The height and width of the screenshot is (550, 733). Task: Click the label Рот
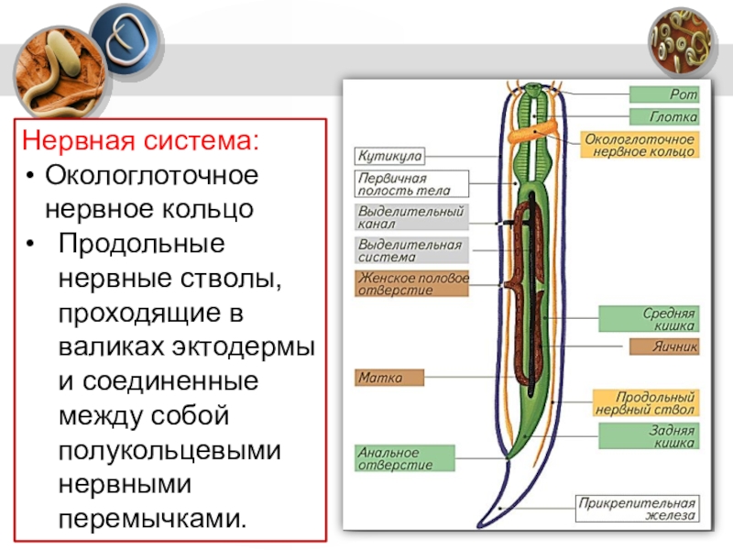click(x=664, y=94)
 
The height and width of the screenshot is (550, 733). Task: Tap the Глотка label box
click(x=664, y=116)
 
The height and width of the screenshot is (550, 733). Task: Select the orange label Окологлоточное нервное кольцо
click(x=640, y=145)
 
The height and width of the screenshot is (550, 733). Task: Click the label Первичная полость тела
click(x=411, y=184)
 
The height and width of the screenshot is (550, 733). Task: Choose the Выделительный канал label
click(x=411, y=216)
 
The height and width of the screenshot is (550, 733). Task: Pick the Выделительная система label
click(x=411, y=251)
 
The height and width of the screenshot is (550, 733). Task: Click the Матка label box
click(x=390, y=377)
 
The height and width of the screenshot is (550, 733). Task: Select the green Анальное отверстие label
click(x=405, y=458)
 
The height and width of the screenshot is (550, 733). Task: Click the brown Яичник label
click(x=664, y=347)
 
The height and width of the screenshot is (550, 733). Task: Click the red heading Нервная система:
click(x=141, y=142)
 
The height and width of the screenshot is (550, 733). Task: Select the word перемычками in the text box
click(x=152, y=519)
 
